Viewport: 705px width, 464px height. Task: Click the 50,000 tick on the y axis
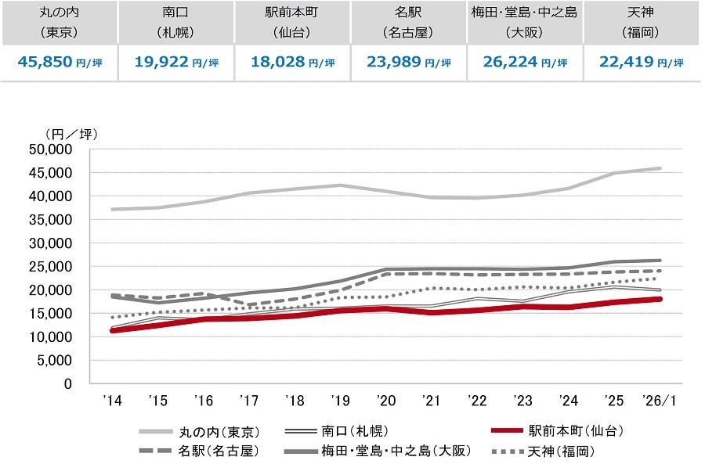[50, 149]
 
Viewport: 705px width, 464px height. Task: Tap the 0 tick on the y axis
[68, 383]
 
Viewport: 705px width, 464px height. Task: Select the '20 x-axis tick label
[385, 401]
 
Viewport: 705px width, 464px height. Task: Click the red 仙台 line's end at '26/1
[660, 299]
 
